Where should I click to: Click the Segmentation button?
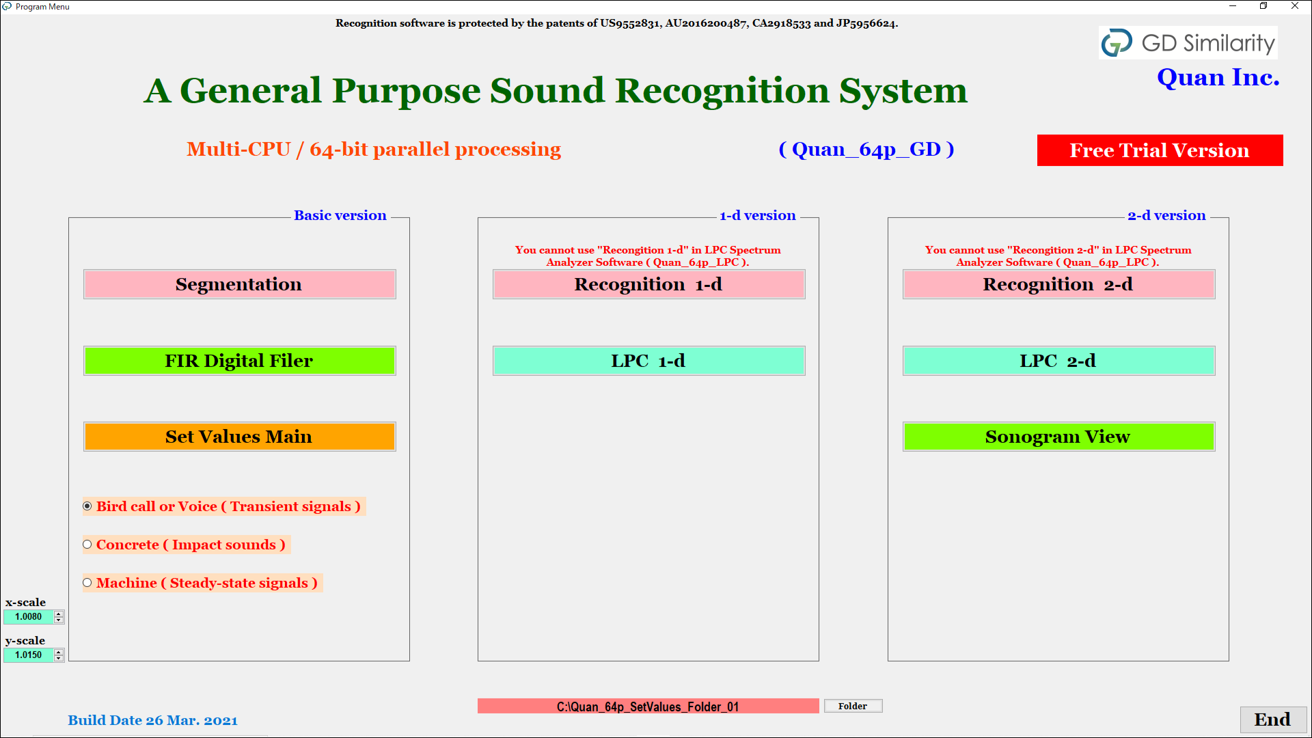click(x=239, y=284)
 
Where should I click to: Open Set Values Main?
click(x=239, y=437)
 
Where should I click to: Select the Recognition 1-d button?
click(x=648, y=284)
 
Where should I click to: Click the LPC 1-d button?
click(x=648, y=361)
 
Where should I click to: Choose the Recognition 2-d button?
click(x=1058, y=284)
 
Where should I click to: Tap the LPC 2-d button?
click(x=1058, y=361)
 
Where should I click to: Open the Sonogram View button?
click(x=1058, y=437)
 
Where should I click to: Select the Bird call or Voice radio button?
click(x=87, y=506)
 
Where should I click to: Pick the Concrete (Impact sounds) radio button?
click(x=87, y=545)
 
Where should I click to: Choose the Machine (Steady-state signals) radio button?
click(x=87, y=583)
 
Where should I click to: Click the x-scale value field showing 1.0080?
click(x=29, y=617)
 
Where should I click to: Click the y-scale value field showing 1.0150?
click(x=29, y=655)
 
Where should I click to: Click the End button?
click(x=1273, y=720)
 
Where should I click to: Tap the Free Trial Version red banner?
click(x=1160, y=150)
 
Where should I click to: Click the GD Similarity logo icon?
click(x=1117, y=43)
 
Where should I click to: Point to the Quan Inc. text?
click(x=1218, y=77)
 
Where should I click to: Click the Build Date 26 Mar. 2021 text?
click(x=152, y=720)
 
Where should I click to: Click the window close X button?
click(x=1295, y=6)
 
